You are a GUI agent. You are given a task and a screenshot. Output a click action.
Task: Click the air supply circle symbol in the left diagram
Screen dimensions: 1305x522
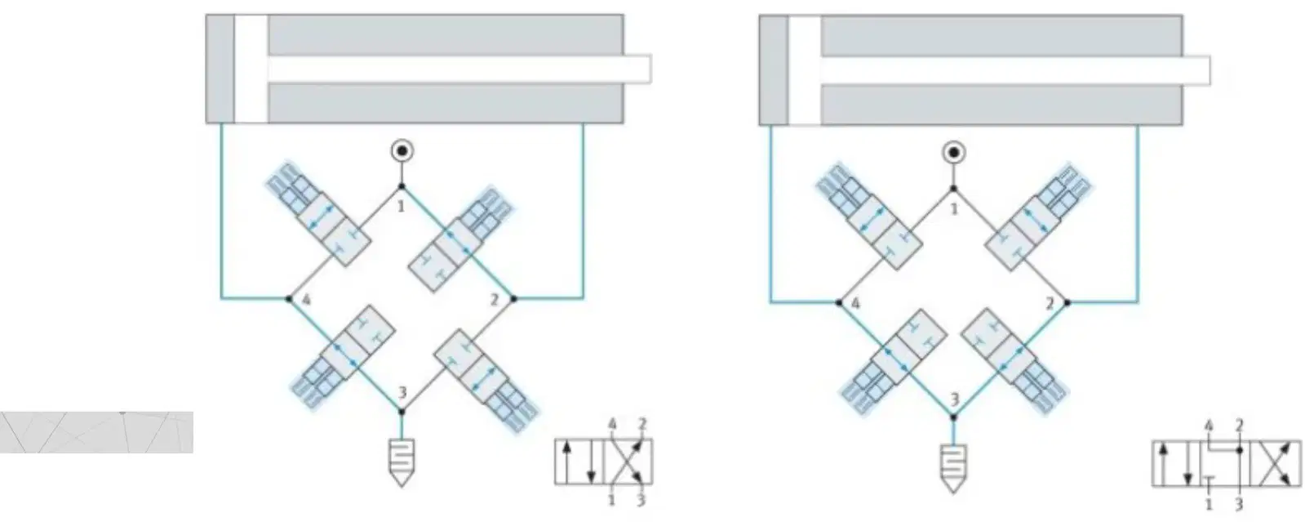(x=402, y=151)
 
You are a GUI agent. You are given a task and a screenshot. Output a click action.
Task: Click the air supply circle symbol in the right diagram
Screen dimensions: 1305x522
(x=954, y=154)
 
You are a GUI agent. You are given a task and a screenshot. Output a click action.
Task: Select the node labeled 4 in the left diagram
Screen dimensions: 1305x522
(x=289, y=299)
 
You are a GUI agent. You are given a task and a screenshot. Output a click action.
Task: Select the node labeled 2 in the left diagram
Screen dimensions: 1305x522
(x=513, y=299)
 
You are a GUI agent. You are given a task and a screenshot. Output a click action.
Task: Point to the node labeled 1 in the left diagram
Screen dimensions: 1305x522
(x=402, y=186)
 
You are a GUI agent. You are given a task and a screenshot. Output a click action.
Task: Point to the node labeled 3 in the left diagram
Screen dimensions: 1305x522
(x=402, y=412)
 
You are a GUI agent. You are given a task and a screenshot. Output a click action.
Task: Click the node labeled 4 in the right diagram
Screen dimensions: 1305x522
(x=839, y=303)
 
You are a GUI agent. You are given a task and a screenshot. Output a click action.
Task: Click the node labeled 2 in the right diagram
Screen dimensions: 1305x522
(x=1067, y=303)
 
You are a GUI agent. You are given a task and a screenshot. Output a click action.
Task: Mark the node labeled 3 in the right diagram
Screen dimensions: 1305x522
(x=953, y=417)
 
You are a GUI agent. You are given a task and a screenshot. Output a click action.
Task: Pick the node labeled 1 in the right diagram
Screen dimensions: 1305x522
(x=954, y=189)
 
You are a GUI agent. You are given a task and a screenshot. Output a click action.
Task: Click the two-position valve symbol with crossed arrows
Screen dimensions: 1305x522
(x=604, y=462)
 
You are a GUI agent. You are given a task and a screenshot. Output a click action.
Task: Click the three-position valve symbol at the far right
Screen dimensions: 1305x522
(x=1227, y=464)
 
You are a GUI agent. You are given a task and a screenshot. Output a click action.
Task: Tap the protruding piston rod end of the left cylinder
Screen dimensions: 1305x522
(x=637, y=69)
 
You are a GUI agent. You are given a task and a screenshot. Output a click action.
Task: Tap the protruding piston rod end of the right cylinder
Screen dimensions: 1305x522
(x=1196, y=70)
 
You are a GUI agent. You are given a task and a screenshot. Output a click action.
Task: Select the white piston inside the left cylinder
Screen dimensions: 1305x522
(x=251, y=69)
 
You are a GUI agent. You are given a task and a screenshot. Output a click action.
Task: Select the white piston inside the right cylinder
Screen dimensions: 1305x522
(x=804, y=70)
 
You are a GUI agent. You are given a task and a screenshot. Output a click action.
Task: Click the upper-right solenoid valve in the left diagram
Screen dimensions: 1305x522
(x=460, y=239)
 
